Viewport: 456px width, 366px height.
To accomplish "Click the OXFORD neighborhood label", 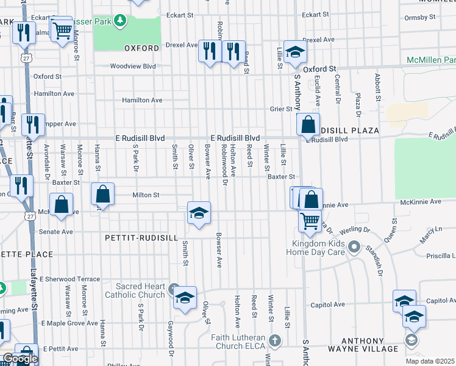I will tap(141, 48).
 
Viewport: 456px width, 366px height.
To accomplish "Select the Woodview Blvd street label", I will tap(133, 66).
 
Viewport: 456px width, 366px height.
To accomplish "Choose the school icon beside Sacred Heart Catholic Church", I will tap(185, 298).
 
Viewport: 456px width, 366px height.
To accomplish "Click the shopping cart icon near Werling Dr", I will tap(310, 220).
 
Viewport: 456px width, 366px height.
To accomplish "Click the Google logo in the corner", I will tap(20, 359).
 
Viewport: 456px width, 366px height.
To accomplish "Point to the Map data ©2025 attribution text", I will tap(430, 361).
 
